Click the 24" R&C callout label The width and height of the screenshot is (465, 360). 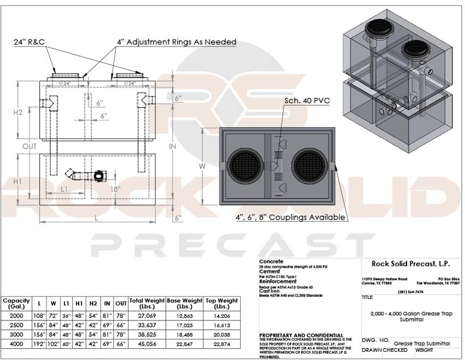(30, 42)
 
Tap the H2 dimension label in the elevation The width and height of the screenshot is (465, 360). (18, 112)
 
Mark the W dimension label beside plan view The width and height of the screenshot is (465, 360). (203, 166)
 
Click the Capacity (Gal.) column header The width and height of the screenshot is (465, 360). (16, 303)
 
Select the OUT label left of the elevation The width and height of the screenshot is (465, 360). (30, 146)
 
